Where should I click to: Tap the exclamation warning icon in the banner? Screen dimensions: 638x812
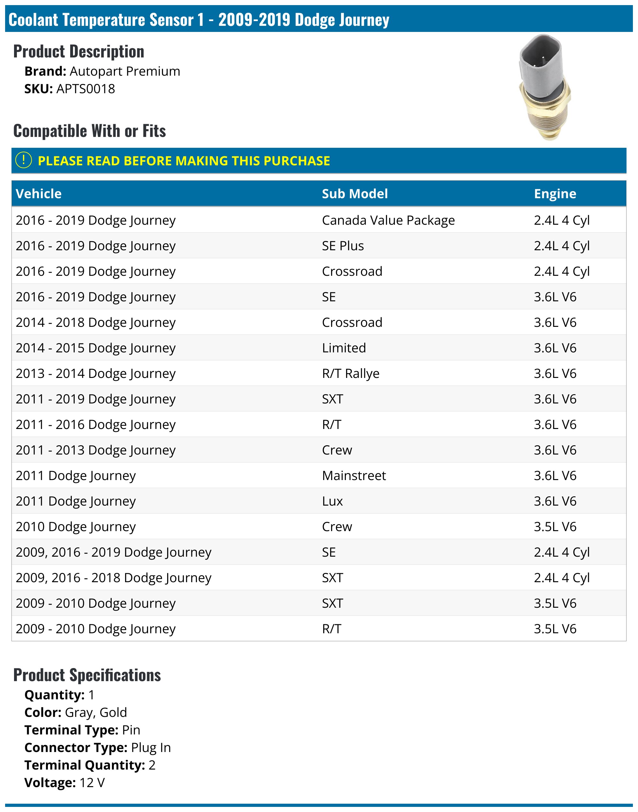24,160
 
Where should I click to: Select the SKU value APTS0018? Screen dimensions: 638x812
85,89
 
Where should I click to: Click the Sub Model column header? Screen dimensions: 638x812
355,193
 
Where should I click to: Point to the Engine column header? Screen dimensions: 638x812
555,193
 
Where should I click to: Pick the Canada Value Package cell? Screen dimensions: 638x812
389,221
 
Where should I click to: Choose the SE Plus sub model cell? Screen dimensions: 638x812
343,246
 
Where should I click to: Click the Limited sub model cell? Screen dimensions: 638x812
344,348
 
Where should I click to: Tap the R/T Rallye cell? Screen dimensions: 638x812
351,374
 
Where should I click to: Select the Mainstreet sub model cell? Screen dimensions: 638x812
354,476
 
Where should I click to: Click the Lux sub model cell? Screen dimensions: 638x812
332,501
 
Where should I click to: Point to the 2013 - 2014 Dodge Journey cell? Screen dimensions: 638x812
96,374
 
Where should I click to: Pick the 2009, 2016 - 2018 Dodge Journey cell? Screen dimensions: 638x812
114,578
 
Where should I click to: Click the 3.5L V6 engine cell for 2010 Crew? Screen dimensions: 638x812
555,527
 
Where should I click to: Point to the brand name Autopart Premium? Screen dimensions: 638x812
125,71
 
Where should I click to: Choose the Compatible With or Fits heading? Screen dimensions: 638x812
90,131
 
